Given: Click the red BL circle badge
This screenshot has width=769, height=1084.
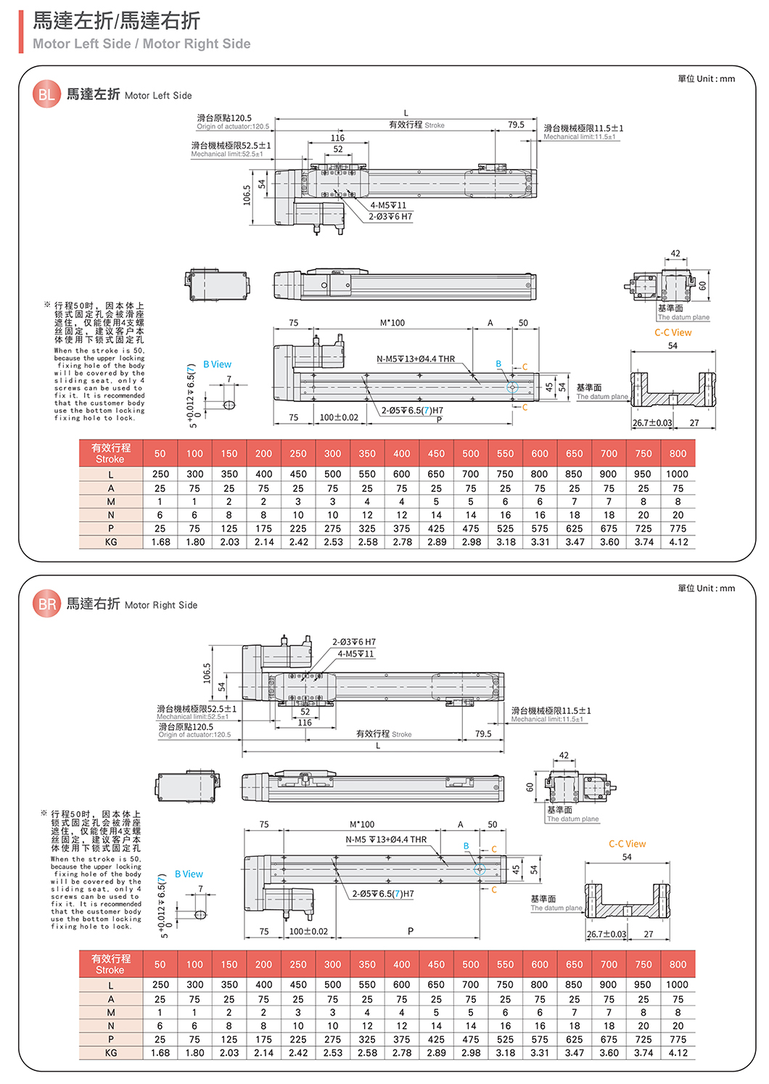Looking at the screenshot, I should (46, 95).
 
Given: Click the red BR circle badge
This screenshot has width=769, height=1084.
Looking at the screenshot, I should (46, 604).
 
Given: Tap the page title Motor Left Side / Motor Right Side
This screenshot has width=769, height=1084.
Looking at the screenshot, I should (141, 44).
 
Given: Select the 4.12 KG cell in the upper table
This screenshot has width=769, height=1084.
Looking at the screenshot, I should (678, 542).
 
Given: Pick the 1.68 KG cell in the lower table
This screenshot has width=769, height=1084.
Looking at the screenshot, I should (160, 1053).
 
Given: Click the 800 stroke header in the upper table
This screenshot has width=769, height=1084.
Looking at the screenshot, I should (678, 453).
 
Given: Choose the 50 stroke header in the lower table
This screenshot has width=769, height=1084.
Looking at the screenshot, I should (160, 964).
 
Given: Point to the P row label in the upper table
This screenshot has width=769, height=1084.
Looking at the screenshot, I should (110, 529).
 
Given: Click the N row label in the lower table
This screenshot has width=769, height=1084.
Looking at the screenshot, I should (110, 1026).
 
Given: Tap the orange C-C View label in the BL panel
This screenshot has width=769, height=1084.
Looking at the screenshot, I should (673, 332).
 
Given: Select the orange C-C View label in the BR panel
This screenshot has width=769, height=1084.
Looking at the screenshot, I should (627, 844).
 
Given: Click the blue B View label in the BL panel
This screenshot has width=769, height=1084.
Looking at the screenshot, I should (217, 364).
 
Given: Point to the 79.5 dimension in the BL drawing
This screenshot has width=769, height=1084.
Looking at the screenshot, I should (516, 125).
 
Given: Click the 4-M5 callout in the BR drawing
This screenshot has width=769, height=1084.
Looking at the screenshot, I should (356, 654).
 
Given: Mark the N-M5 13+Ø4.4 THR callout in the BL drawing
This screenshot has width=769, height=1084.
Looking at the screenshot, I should (416, 358).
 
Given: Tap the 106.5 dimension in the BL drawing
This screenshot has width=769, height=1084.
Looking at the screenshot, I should (247, 195).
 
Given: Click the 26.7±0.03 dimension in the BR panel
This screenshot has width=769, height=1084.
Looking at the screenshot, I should (606, 934).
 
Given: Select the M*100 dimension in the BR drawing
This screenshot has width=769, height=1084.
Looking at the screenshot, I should (362, 824).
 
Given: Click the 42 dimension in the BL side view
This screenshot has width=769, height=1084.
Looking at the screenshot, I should (675, 254).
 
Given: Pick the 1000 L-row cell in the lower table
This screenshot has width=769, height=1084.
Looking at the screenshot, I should (677, 985).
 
